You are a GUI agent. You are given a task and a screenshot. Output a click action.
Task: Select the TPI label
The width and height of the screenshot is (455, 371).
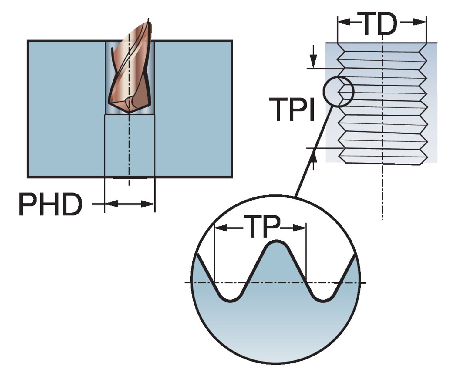292,110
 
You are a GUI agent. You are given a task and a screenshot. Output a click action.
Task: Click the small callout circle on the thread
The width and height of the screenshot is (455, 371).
339,92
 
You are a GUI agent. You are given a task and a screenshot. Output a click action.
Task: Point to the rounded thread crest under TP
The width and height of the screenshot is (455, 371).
276,243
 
